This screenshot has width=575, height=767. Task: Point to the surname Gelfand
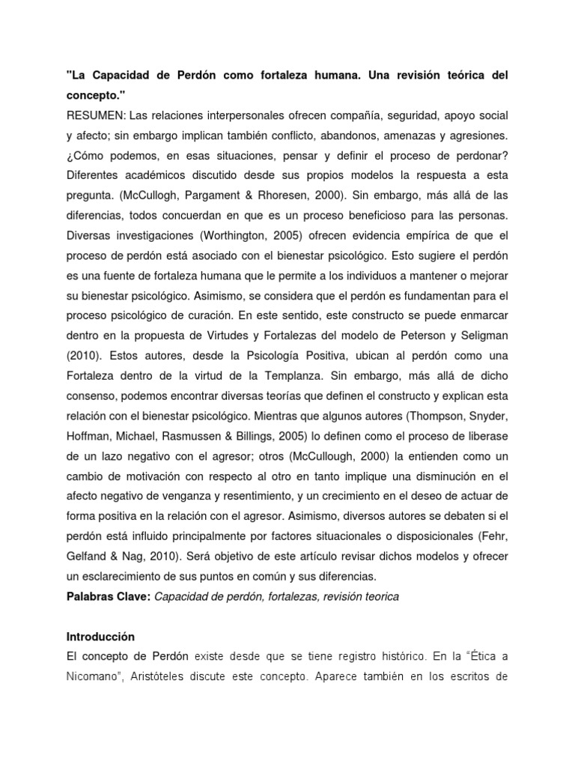pos(90,556)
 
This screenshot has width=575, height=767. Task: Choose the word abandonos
pos(354,136)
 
